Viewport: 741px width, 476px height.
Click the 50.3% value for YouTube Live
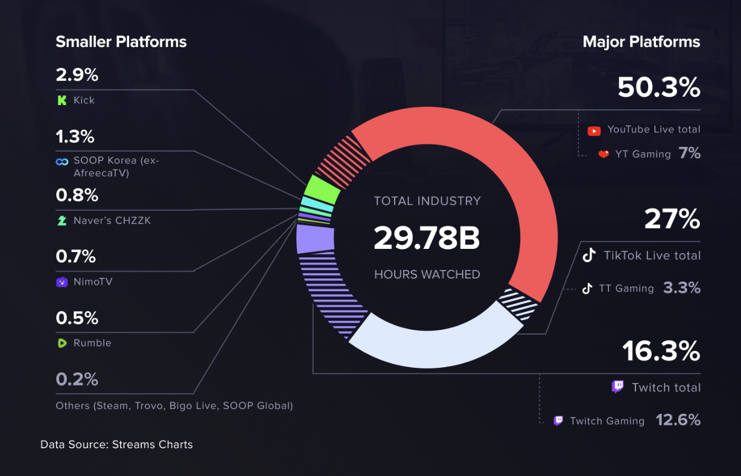click(x=658, y=88)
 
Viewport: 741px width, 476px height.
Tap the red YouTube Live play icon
click(x=594, y=130)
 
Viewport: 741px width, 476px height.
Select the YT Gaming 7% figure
click(x=689, y=153)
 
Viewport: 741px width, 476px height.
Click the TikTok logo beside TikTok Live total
click(x=589, y=255)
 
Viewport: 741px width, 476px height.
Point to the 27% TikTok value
click(x=672, y=219)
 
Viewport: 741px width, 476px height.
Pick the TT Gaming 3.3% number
click(x=682, y=288)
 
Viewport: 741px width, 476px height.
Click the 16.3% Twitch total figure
click(x=661, y=351)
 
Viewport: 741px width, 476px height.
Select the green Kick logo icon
click(x=62, y=100)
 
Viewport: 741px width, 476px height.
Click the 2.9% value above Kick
click(x=77, y=75)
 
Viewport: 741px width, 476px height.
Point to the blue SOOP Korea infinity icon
click(x=62, y=161)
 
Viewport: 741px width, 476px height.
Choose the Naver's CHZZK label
click(x=112, y=220)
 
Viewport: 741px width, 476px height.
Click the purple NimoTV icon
click(x=62, y=282)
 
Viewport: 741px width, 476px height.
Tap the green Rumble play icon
click(x=62, y=343)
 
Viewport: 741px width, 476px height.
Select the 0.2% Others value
click(x=77, y=379)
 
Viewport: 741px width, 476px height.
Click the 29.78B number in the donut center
click(x=427, y=237)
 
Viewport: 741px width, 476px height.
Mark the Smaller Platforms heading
click(x=121, y=42)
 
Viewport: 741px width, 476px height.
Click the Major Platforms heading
click(x=641, y=42)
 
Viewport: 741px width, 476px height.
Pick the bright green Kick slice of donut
click(x=322, y=188)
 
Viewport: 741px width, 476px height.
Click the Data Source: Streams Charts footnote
click(x=116, y=445)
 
